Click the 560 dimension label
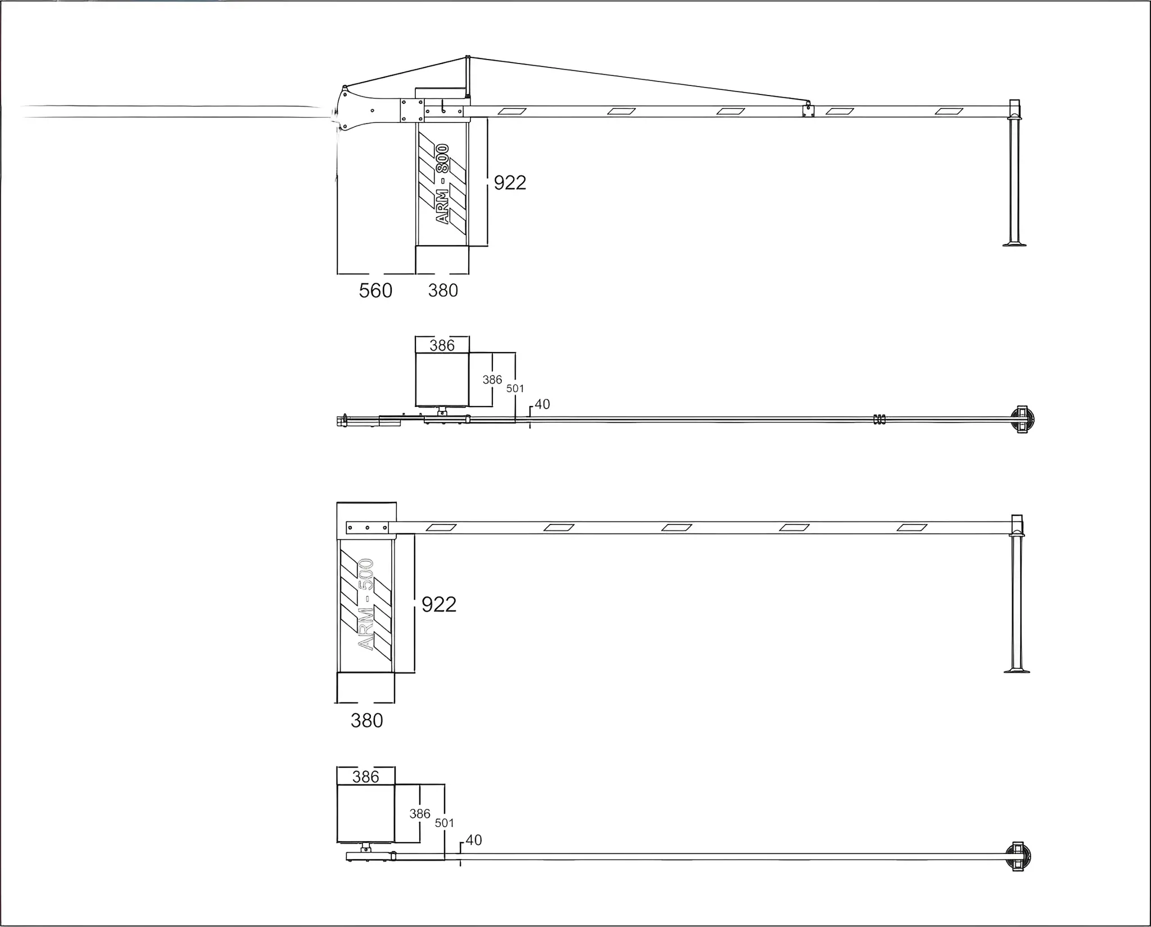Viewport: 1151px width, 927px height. (x=375, y=291)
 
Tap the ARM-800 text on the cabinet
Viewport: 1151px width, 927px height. (x=443, y=184)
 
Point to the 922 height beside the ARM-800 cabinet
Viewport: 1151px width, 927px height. (x=510, y=183)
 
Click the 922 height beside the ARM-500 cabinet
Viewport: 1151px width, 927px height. (x=439, y=604)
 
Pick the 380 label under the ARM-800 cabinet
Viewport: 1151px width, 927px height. (x=443, y=291)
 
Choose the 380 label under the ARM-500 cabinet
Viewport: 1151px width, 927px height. (x=366, y=720)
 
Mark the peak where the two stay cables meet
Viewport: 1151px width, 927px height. (x=468, y=57)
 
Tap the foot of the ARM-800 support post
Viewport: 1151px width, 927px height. (x=1014, y=244)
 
